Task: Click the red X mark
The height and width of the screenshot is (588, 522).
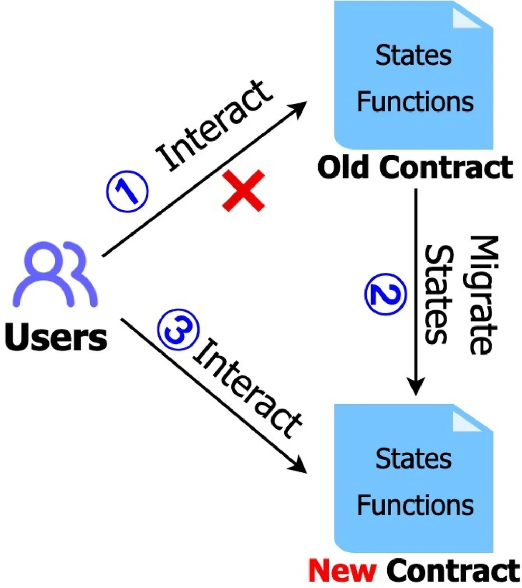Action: [x=244, y=191]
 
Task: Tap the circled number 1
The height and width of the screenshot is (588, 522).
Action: [x=127, y=191]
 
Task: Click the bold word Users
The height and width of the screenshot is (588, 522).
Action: [x=55, y=339]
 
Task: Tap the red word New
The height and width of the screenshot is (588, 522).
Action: [x=342, y=570]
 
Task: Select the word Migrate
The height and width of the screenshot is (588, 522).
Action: [x=483, y=294]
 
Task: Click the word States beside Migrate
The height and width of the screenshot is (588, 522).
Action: [x=439, y=294]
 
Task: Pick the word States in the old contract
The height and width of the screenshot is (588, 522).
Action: [x=413, y=55]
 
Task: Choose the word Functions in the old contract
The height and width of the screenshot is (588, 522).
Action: [x=415, y=101]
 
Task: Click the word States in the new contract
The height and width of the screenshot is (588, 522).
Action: [x=413, y=459]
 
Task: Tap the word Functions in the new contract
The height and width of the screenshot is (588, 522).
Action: [x=415, y=505]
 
